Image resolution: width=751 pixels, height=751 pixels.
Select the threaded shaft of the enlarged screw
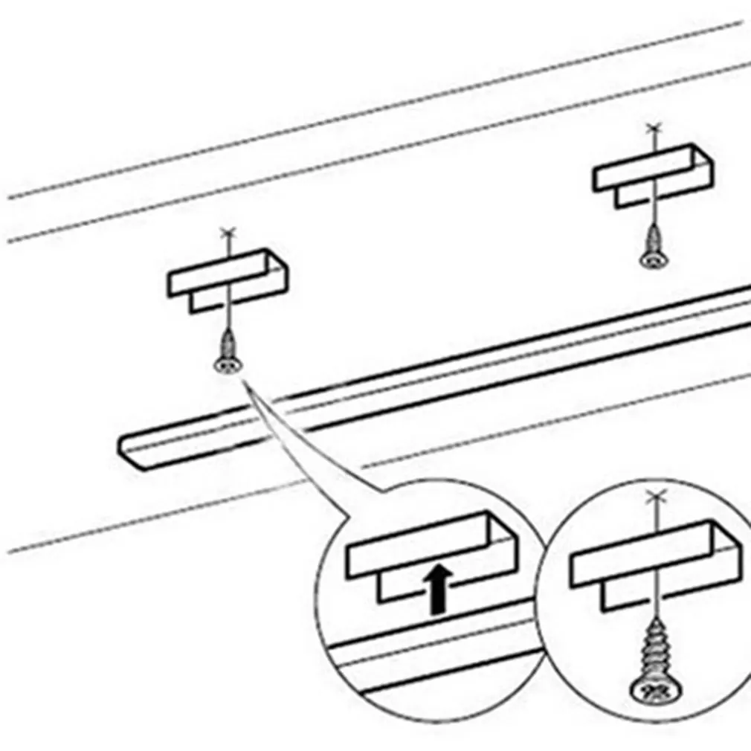click(654, 647)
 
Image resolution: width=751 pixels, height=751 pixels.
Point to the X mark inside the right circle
click(654, 496)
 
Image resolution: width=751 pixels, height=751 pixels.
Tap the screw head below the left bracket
click(228, 365)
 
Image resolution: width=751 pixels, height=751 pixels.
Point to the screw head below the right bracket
click(652, 260)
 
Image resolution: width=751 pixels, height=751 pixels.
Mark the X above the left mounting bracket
click(228, 234)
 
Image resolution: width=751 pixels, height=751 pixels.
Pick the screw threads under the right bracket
click(652, 239)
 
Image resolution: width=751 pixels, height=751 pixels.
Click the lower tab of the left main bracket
click(208, 302)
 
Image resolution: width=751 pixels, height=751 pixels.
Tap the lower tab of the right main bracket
click(632, 196)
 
